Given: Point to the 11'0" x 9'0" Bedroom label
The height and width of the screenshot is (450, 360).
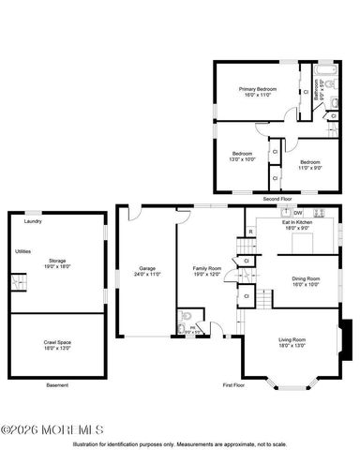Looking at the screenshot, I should point(309,165).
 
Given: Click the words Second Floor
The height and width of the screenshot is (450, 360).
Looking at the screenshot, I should point(277,199).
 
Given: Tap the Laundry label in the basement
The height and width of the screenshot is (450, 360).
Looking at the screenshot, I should point(32,221).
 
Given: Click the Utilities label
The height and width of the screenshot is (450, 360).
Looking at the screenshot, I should point(24,251).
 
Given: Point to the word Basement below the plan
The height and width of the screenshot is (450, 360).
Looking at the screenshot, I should point(56,385).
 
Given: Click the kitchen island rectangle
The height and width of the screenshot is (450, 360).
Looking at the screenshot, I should point(301,243).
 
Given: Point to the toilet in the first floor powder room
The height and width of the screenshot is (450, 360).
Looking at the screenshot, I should point(186,317).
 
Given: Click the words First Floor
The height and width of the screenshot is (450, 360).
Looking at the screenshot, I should point(233,385).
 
